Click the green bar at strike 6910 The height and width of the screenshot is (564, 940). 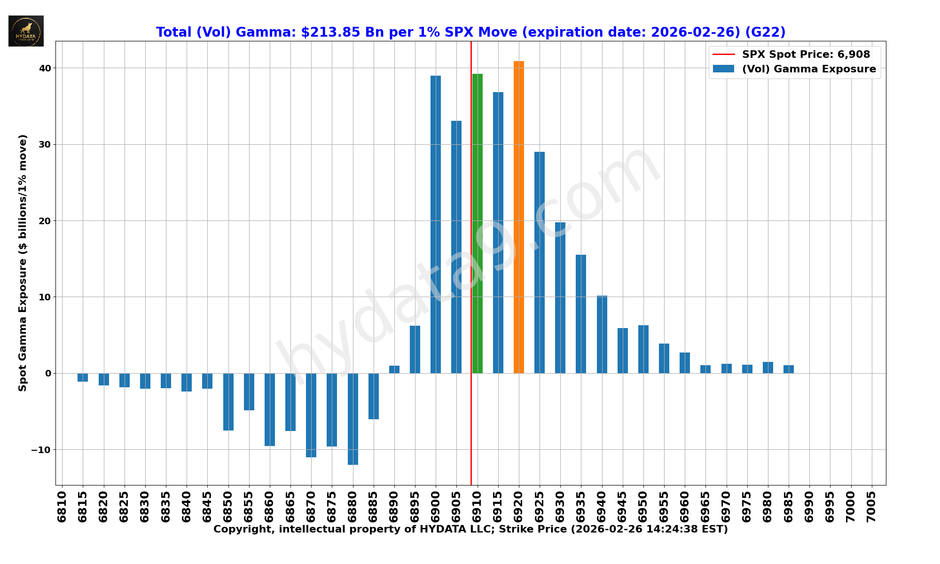tap(478, 223)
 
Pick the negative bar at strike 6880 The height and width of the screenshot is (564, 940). tap(353, 419)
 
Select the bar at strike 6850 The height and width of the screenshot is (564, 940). tap(228, 402)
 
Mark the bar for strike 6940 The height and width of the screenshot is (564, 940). tap(602, 334)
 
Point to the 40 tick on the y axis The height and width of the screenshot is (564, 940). tap(45, 68)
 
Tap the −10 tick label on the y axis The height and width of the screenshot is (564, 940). tap(41, 450)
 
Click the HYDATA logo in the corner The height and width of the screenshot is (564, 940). tap(26, 31)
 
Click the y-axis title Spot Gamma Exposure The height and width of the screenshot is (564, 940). tap(23, 263)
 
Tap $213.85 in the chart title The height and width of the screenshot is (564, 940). tap(330, 32)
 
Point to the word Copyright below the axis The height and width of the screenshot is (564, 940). tap(243, 529)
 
